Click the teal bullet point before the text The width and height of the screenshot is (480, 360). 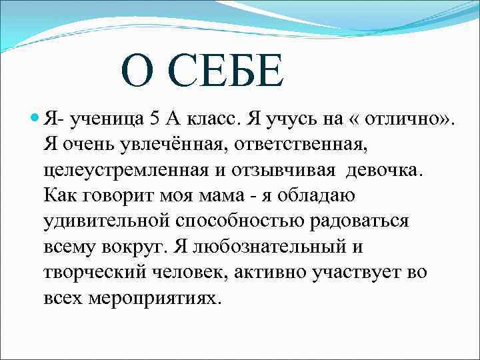point(35,117)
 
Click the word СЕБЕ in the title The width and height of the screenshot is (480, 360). point(225,71)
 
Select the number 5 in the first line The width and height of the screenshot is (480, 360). point(155,118)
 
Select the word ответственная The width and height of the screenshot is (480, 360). point(300,144)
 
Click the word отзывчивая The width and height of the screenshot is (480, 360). point(283,171)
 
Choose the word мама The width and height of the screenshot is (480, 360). point(221,195)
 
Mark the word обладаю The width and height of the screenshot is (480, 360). point(316,195)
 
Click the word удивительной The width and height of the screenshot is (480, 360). point(107,221)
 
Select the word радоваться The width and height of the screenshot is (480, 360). point(359,221)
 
